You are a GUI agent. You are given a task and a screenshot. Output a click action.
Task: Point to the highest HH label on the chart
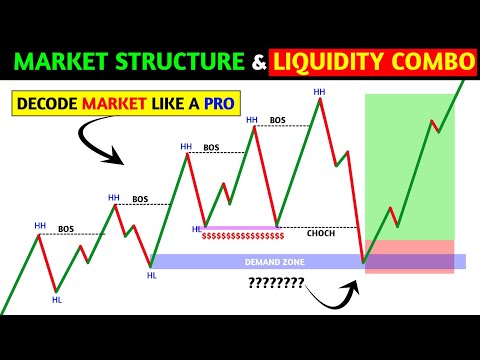tap(319, 92)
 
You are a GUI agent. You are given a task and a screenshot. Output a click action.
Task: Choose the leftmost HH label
tap(40, 225)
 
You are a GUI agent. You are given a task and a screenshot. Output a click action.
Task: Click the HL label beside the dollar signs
tap(196, 229)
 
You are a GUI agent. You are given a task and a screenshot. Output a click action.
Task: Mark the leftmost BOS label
tap(66, 229)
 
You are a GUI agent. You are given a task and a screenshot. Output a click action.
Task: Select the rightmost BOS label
tap(277, 120)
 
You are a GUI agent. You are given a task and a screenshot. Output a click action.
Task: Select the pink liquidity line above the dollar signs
tap(240, 228)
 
